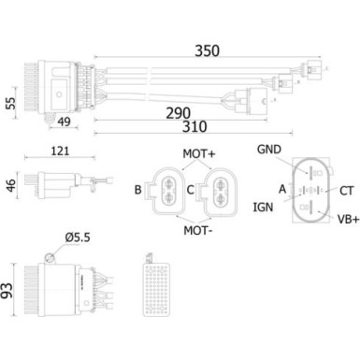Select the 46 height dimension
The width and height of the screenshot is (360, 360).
pos(11,185)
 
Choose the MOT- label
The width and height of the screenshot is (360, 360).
pos(196,227)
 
